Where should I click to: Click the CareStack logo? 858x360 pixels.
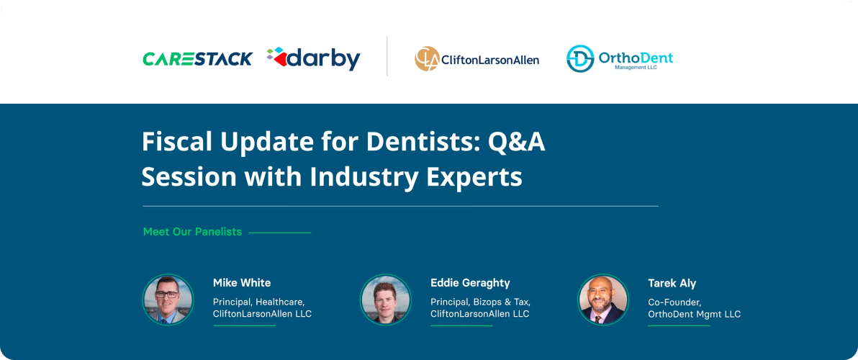[x=197, y=58]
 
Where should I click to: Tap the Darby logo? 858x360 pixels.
[x=313, y=58]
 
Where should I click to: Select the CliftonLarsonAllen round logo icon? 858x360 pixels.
[x=427, y=58]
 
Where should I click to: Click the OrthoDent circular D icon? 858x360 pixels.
[x=580, y=58]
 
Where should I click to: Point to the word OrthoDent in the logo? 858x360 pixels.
[x=636, y=56]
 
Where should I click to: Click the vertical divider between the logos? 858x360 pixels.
[x=387, y=56]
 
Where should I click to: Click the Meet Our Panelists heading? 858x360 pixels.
[x=192, y=232]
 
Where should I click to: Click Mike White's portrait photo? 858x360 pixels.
[x=168, y=299]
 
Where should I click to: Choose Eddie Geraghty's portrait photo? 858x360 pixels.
[x=386, y=299]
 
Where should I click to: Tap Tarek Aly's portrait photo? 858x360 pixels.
[x=603, y=299]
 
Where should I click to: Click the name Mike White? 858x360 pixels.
[x=242, y=283]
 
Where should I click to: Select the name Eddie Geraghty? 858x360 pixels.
[x=470, y=283]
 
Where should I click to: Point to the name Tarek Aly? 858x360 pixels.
[x=672, y=283]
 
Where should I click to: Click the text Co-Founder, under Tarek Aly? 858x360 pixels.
[x=674, y=302]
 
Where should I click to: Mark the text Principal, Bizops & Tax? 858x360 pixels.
[x=480, y=302]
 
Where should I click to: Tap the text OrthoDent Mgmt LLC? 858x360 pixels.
[x=694, y=314]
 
